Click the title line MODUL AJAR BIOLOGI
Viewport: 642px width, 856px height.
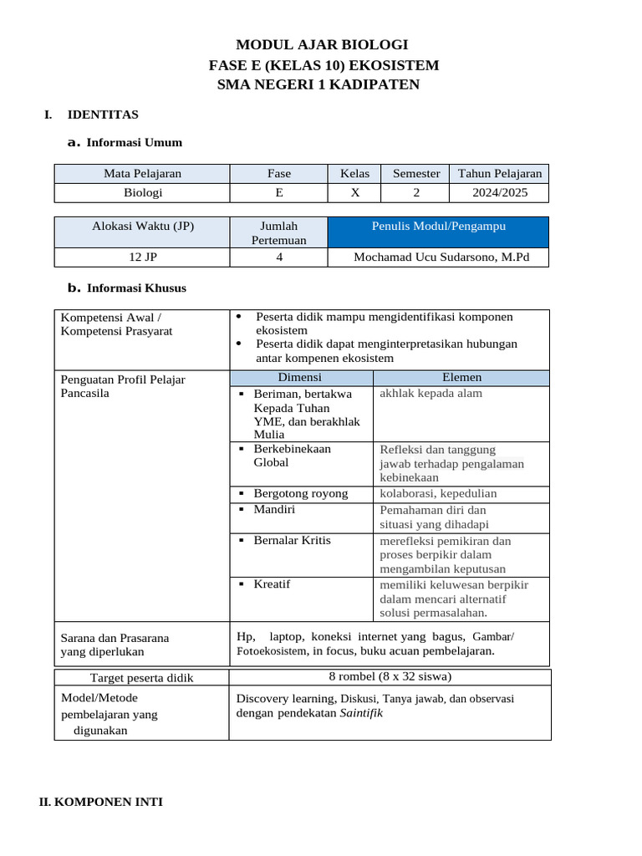pyautogui.click(x=322, y=45)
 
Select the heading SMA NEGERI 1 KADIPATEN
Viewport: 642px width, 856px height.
pyautogui.click(x=318, y=84)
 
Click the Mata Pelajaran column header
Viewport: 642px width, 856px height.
pyautogui.click(x=142, y=174)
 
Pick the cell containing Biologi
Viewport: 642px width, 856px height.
pyautogui.click(x=142, y=192)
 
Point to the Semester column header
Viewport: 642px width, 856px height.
pyautogui.click(x=416, y=174)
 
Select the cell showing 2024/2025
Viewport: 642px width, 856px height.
pyautogui.click(x=499, y=192)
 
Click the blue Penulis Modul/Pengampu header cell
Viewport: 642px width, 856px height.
pyautogui.click(x=438, y=227)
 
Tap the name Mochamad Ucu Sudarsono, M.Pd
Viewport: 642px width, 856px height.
pyautogui.click(x=441, y=257)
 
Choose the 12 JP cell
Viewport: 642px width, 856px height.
pyautogui.click(x=142, y=257)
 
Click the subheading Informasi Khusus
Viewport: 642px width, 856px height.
pyautogui.click(x=136, y=288)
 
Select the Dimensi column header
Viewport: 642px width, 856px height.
pyautogui.click(x=299, y=378)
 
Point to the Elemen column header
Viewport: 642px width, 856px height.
pyautogui.click(x=461, y=378)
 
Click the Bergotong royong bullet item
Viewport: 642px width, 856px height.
pyautogui.click(x=301, y=494)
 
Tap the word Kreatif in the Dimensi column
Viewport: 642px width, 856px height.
pyautogui.click(x=272, y=584)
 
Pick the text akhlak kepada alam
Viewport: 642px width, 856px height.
pyautogui.click(x=431, y=393)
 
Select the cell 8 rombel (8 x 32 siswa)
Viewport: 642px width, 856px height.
pyautogui.click(x=390, y=677)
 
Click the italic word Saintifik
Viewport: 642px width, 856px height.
pyautogui.click(x=361, y=714)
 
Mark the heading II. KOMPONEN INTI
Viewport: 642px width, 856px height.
pyautogui.click(x=101, y=802)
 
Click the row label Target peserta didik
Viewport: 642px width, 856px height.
pyautogui.click(x=141, y=678)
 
